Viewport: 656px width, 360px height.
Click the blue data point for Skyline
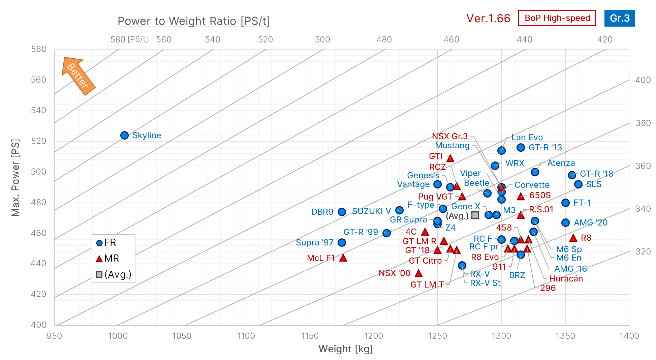(124, 135)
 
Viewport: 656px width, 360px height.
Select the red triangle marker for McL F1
(343, 258)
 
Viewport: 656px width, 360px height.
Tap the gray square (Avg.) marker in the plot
(475, 215)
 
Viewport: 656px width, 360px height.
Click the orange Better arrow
(78, 76)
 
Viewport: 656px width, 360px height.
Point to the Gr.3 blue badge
(619, 18)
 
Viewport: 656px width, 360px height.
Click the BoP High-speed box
(557, 18)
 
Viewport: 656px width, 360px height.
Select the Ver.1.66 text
(488, 18)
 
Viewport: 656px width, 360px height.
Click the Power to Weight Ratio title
(194, 21)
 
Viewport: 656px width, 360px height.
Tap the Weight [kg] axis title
(345, 349)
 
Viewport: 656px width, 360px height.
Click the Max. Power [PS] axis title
(15, 177)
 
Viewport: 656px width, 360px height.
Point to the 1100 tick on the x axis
(246, 336)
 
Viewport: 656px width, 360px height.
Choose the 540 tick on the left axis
(39, 111)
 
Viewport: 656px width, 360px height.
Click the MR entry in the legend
(111, 259)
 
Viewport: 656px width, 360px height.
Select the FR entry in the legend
(110, 243)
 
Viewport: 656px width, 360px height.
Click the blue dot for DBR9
(342, 212)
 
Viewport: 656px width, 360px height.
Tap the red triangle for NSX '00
(418, 273)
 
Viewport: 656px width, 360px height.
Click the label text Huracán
(566, 278)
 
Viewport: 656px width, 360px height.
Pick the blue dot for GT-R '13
(521, 147)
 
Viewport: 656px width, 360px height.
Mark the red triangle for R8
(573, 238)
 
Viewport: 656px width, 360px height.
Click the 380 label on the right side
(643, 123)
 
